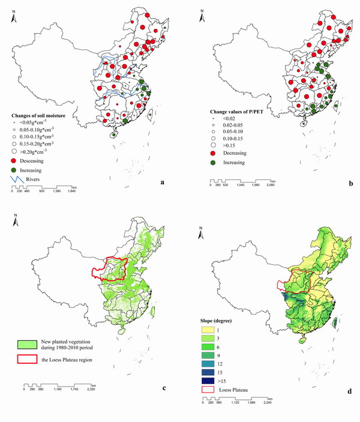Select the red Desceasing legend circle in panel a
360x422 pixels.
[15, 161]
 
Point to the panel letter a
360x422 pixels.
[163, 179]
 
